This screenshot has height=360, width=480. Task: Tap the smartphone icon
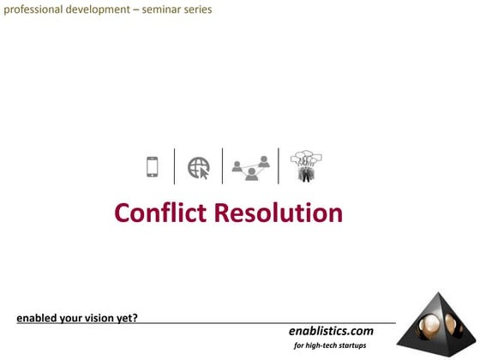[153, 166]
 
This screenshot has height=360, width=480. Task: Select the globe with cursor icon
[199, 166]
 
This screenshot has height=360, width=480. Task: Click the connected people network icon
[251, 166]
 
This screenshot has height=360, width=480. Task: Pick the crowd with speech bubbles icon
[305, 165]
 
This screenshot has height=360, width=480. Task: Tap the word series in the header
[199, 10]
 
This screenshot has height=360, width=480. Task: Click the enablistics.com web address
[331, 330]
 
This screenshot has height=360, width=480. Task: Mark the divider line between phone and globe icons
[175, 166]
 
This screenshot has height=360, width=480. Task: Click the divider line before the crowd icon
[279, 166]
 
